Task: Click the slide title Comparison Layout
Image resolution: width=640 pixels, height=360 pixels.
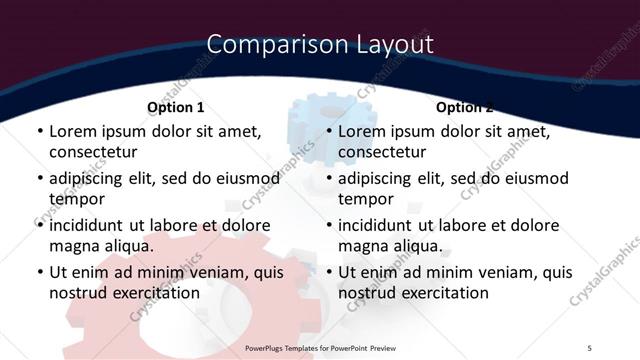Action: click(320, 45)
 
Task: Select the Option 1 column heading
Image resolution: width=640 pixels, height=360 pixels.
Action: click(175, 107)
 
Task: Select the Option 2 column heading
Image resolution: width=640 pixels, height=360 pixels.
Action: click(464, 107)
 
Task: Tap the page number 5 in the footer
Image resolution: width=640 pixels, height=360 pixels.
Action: click(590, 347)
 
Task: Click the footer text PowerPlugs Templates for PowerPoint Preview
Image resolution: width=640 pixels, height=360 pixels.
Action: click(320, 347)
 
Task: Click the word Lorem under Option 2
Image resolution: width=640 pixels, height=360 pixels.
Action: click(361, 131)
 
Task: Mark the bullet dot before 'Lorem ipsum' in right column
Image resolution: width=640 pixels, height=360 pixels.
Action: click(328, 132)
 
